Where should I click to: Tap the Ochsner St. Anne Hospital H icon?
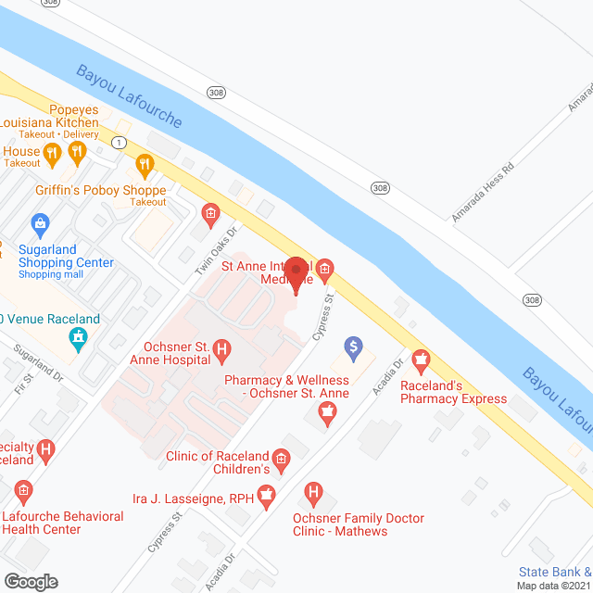pos(222,350)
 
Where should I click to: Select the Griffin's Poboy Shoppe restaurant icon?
pos(145,166)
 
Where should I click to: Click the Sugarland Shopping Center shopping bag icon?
pos(40,223)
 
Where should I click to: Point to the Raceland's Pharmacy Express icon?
pos(423,358)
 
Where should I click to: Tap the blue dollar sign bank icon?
pos(352,348)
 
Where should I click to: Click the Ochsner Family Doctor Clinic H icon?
pos(314,491)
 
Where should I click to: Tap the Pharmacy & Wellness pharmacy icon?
pos(325,418)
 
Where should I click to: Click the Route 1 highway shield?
pos(119,142)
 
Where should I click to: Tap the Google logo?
pos(30,581)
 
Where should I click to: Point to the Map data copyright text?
pos(554,586)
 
